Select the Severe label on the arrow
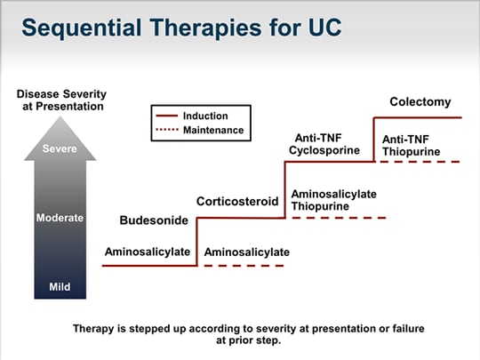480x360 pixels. [60, 148]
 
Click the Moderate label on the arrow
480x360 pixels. [60, 218]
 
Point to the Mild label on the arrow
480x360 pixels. [60, 287]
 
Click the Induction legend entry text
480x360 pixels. [205, 116]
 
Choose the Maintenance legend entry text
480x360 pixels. [213, 130]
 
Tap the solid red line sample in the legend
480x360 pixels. [167, 116]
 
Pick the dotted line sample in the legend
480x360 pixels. [167, 130]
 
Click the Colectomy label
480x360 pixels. [420, 101]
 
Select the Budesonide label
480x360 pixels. [154, 220]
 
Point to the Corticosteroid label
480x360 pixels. [237, 202]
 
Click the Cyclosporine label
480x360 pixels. [324, 150]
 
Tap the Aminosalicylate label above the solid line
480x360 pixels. [148, 252]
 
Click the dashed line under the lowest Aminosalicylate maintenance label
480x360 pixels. [244, 266]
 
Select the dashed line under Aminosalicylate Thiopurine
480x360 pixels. [340, 218]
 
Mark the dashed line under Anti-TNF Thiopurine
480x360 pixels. [420, 162]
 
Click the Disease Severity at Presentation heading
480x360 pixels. [62, 100]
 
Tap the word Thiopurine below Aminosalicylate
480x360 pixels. [320, 206]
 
